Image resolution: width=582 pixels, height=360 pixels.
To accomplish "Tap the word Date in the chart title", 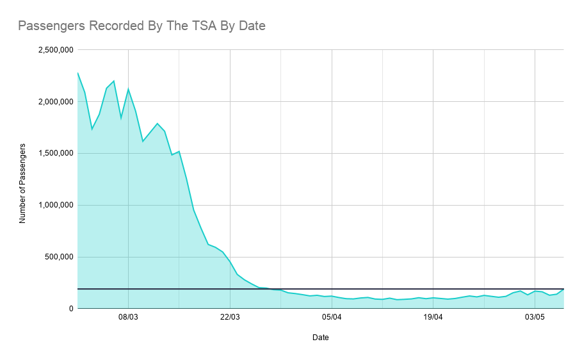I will tap(250, 26).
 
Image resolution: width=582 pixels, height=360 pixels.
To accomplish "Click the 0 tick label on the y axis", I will tap(70, 309).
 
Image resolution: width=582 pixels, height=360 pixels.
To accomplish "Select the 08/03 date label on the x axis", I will tap(128, 318).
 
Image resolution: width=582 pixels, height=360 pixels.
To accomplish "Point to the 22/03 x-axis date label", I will tap(230, 318).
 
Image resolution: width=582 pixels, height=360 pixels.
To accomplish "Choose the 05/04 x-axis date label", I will tap(332, 318).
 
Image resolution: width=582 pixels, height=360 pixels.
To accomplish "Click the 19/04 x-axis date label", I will tap(433, 318).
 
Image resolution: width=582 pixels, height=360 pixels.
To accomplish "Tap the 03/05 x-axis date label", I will tap(535, 318).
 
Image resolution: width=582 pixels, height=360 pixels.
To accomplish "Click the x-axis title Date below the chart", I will tap(321, 338).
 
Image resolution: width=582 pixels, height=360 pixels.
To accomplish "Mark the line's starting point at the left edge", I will tap(77, 72).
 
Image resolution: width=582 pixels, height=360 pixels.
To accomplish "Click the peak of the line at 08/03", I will tap(128, 88).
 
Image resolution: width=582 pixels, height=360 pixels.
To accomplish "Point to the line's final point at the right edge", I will tap(563, 290).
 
